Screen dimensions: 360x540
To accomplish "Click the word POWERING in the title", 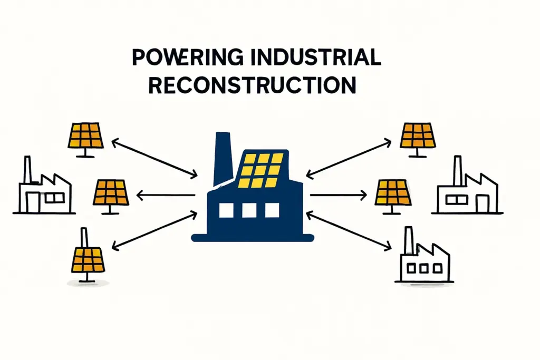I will point(176,59).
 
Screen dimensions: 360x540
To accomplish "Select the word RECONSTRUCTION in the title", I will point(252,85).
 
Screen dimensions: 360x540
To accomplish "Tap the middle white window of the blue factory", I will point(249,210).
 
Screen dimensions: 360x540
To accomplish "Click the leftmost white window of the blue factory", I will point(226,210).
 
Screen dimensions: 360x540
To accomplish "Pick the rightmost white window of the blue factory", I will point(272,210).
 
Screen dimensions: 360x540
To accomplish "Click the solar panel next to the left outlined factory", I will point(111,193).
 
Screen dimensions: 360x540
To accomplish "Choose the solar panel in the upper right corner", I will point(418,135).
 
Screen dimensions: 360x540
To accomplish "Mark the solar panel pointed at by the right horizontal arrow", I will point(393,193).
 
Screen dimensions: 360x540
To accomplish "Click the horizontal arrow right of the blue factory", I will point(337,196).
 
